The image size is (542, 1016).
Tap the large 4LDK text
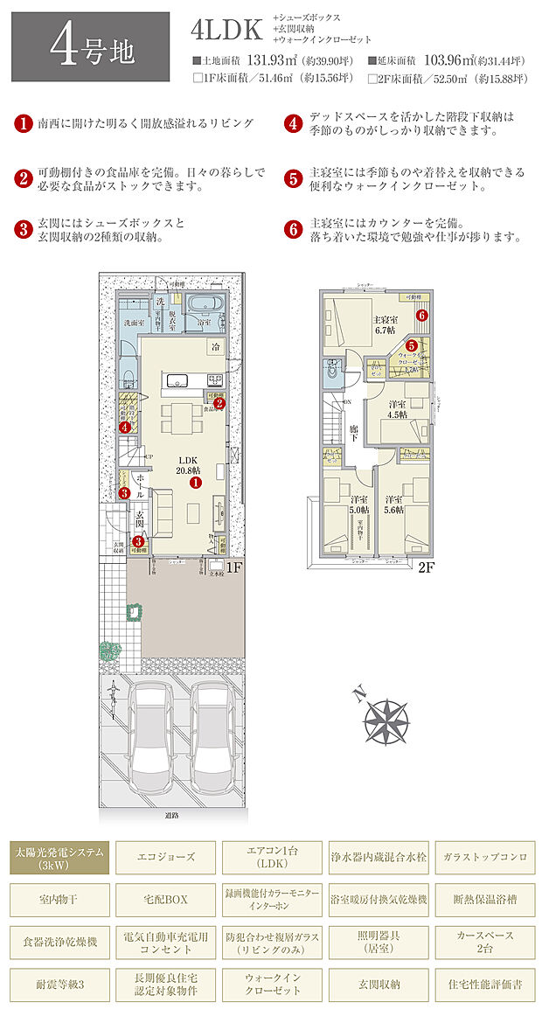tap(226, 30)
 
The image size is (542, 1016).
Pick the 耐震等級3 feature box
tap(60, 984)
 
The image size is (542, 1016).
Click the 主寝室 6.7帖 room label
tap(386, 325)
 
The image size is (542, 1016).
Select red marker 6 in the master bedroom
tap(421, 316)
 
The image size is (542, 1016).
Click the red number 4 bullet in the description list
tap(294, 123)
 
